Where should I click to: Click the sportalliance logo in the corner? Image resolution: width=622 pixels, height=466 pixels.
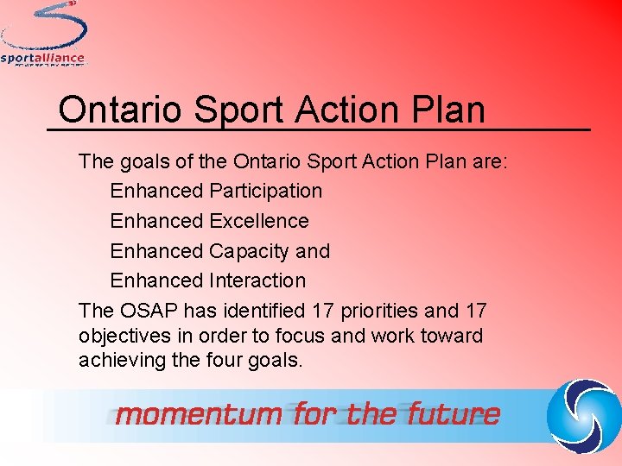(x=43, y=35)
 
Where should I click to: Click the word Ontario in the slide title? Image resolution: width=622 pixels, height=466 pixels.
(x=120, y=110)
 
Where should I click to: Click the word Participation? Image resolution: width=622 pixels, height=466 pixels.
(x=265, y=191)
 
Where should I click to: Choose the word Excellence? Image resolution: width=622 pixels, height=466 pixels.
(x=258, y=221)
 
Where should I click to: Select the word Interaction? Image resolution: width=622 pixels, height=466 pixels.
(x=257, y=280)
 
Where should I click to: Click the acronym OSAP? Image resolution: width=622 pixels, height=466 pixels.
(x=148, y=311)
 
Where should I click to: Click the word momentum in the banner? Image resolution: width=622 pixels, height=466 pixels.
(x=198, y=414)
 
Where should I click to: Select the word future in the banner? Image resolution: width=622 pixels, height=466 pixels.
(x=448, y=414)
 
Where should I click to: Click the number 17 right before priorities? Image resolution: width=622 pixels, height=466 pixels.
(x=324, y=311)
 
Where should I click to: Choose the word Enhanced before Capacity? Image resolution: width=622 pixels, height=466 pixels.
(x=155, y=251)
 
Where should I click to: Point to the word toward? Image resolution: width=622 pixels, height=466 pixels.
(x=453, y=336)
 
